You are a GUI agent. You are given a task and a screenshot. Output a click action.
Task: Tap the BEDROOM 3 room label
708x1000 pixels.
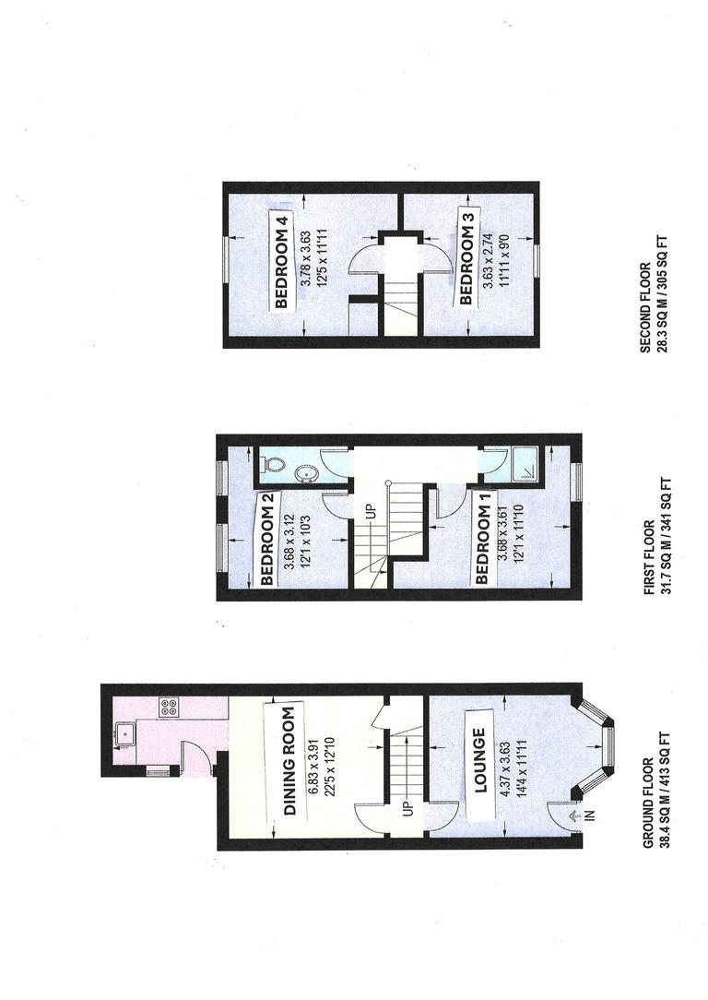(x=466, y=258)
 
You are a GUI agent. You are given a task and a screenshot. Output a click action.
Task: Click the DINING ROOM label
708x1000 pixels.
(x=289, y=762)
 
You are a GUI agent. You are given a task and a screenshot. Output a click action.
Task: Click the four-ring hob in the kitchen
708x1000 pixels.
(x=169, y=708)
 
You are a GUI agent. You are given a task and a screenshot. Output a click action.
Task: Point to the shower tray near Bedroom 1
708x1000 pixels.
(x=526, y=464)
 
